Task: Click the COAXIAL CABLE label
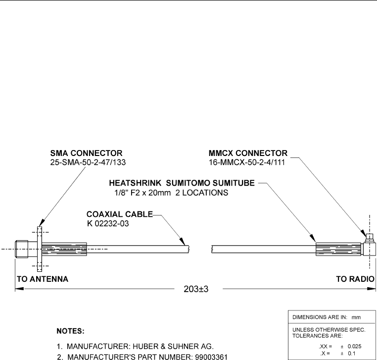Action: (119, 214)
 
